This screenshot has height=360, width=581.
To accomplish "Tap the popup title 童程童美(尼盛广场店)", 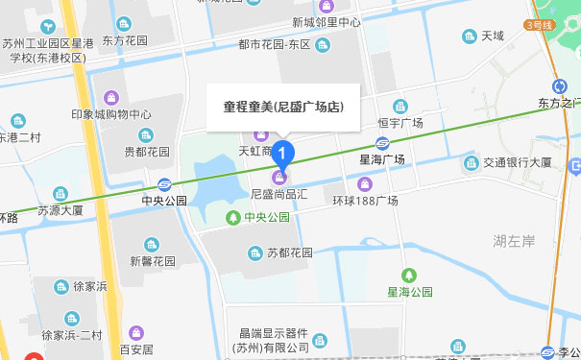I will point(283,108).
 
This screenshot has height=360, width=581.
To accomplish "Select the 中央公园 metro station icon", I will point(165,184).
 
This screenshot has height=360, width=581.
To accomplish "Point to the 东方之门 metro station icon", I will point(560,85).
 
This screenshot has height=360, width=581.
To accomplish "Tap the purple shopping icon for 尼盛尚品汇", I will point(280,178).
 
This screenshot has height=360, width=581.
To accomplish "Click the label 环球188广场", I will point(365,201).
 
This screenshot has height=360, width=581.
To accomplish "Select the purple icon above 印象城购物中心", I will point(111,97).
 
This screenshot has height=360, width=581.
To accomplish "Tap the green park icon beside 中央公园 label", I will point(233,218).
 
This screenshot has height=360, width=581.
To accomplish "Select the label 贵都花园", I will point(146,152).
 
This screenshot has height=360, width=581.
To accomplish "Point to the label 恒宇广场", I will point(400,123).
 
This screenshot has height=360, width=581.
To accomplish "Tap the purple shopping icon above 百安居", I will point(136,331).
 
